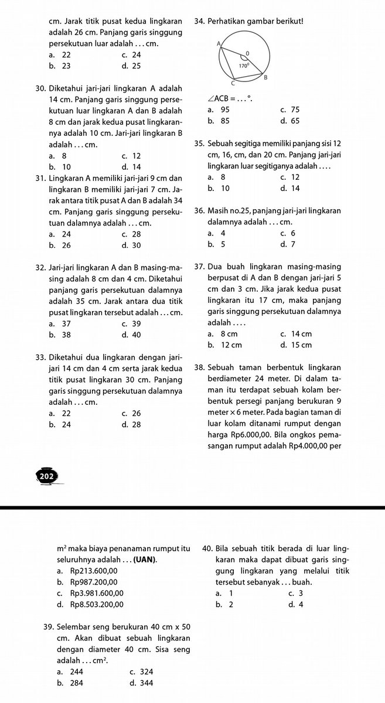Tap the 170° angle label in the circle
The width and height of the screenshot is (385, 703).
244,66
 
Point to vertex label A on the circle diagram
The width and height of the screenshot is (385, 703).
219,44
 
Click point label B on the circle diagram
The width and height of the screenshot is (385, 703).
265,77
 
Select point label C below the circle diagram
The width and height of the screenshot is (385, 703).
232,85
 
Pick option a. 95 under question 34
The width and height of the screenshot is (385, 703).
219,110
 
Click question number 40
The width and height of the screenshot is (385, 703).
207,549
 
